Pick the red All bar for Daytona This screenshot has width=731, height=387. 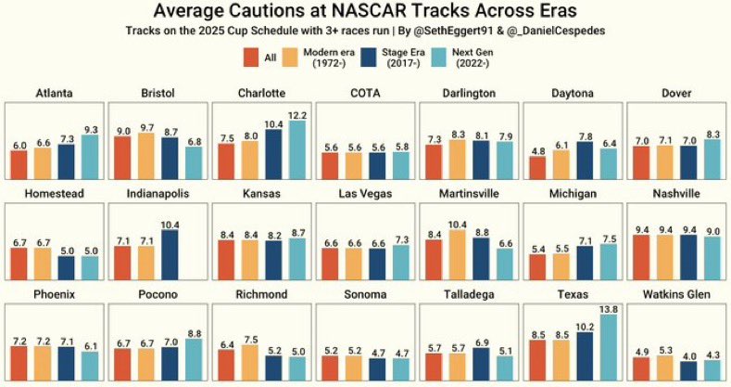click(537, 168)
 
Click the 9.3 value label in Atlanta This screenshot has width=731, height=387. click(90, 130)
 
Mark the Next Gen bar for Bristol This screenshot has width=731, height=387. click(193, 163)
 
